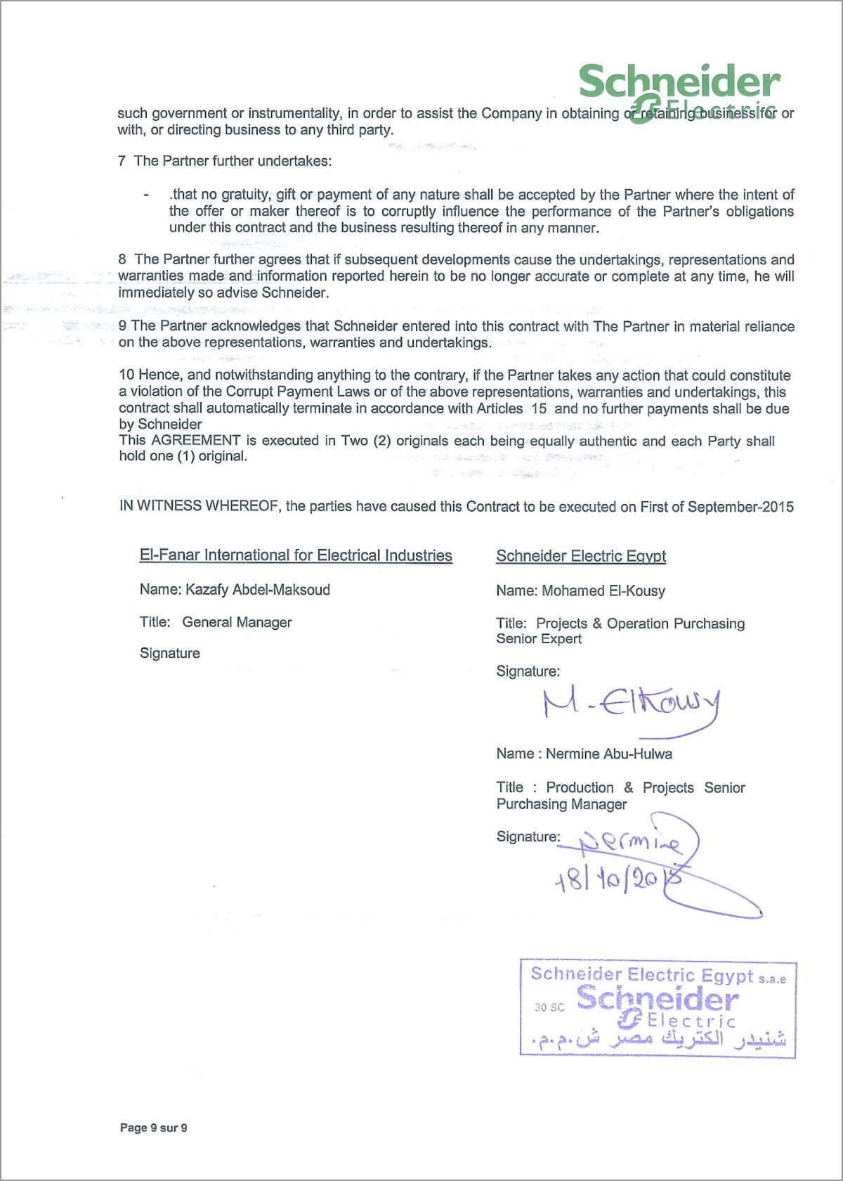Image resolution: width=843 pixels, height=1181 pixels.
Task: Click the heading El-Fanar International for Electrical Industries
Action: (296, 555)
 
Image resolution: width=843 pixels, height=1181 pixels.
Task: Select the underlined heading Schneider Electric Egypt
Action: (581, 556)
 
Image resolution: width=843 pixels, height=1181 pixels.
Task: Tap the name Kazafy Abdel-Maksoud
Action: (257, 590)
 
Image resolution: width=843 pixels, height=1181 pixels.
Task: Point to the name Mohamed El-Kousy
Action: (603, 591)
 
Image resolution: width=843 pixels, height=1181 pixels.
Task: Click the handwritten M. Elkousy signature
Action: (630, 706)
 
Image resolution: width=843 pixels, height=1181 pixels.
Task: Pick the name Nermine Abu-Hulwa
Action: (608, 754)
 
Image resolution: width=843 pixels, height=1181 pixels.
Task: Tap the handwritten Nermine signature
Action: (629, 841)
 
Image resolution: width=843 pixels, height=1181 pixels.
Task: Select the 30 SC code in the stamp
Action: (549, 1007)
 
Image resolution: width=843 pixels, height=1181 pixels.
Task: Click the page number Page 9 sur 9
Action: (153, 1128)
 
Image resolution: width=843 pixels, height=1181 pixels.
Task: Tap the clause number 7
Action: (122, 161)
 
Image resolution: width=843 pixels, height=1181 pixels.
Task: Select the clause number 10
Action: (126, 375)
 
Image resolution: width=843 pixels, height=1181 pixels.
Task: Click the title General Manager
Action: (237, 622)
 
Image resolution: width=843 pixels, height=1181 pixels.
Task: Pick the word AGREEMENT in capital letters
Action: (196, 441)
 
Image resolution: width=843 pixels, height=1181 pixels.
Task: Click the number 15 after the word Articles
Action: (539, 408)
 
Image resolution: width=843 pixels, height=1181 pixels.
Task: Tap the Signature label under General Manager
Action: (169, 653)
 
